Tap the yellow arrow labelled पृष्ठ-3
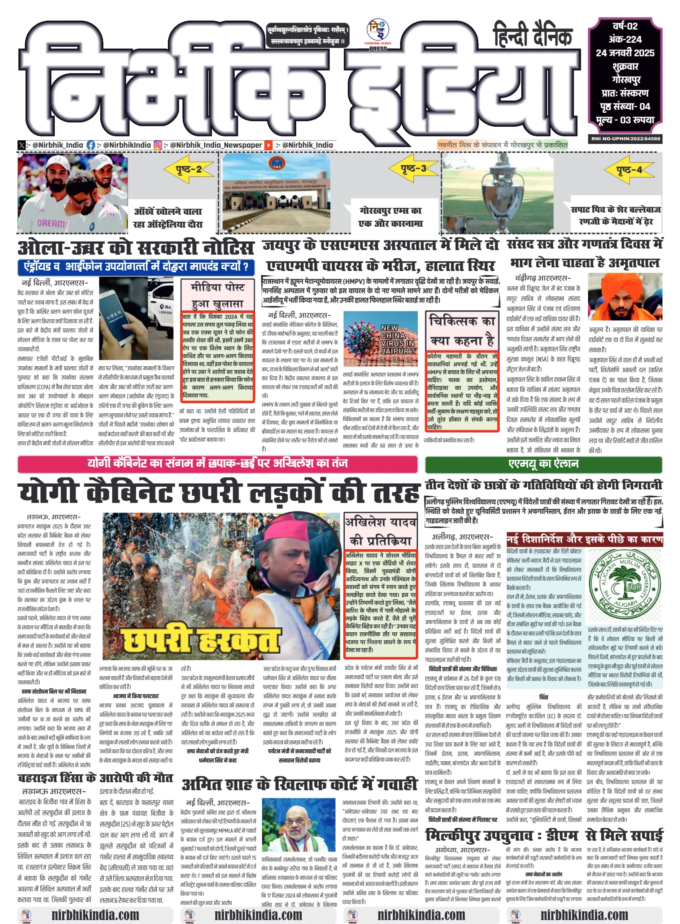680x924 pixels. point(413,168)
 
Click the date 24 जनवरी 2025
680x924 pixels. point(625,53)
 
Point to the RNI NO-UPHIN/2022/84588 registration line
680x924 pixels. point(625,139)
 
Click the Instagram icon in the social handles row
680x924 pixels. point(158,145)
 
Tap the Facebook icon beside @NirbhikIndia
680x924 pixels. point(91,145)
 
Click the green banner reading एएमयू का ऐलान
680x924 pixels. point(543,464)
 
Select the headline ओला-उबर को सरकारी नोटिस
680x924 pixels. point(135,248)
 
